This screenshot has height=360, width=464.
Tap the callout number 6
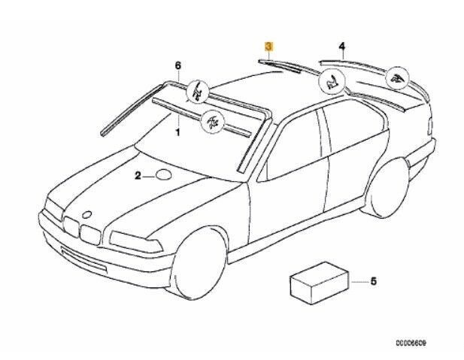[178, 67]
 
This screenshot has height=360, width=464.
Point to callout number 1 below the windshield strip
[178, 132]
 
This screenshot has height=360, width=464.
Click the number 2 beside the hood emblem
[138, 177]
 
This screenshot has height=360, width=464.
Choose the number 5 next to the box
[374, 283]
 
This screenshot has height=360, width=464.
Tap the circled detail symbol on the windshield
[212, 119]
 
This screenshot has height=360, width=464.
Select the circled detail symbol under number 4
[396, 78]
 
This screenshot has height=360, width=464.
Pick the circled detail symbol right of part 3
[332, 83]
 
